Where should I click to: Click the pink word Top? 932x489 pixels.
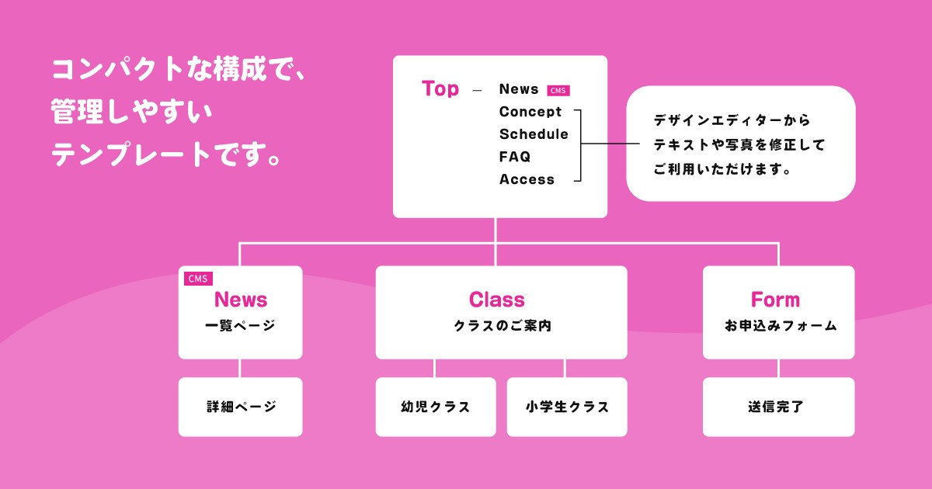pyautogui.click(x=440, y=88)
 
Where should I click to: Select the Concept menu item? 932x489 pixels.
pyautogui.click(x=530, y=112)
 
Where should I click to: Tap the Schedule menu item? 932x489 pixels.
pyautogui.click(x=534, y=134)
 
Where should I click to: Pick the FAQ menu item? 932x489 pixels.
pyautogui.click(x=515, y=157)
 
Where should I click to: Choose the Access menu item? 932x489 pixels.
pyautogui.click(x=527, y=179)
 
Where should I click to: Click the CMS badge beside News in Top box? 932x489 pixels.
pyautogui.click(x=558, y=90)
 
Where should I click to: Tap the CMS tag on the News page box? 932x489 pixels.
pyautogui.click(x=198, y=279)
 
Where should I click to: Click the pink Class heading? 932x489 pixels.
pyautogui.click(x=497, y=300)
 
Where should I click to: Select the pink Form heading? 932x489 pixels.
pyautogui.click(x=775, y=300)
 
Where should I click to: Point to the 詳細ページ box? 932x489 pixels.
pyautogui.click(x=241, y=407)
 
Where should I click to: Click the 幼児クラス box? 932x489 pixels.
pyautogui.click(x=436, y=407)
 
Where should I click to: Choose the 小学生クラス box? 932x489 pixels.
pyautogui.click(x=567, y=407)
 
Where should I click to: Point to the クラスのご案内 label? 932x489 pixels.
pyautogui.click(x=502, y=326)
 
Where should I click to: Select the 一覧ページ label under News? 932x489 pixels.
pyautogui.click(x=240, y=326)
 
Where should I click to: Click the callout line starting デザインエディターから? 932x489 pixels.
pyautogui.click(x=732, y=121)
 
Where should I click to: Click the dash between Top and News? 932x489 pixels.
pyautogui.click(x=477, y=90)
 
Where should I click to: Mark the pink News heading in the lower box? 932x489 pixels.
pyautogui.click(x=241, y=300)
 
